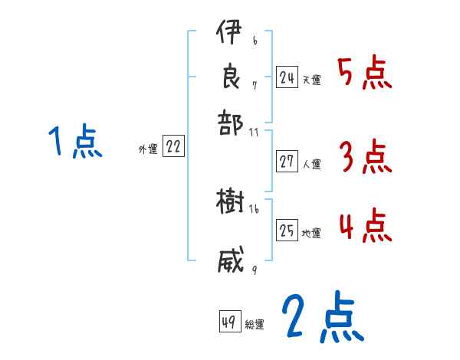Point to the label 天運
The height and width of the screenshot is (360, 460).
click(x=311, y=79)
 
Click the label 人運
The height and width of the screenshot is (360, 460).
click(x=312, y=163)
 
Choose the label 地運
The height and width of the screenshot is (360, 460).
click(x=311, y=233)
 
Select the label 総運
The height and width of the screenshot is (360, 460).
click(x=255, y=324)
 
